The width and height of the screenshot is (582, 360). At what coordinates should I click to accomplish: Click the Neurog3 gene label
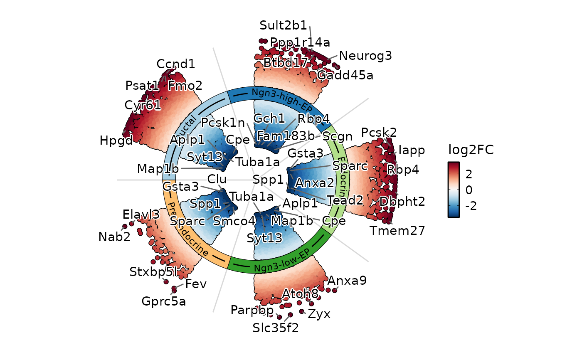click(365, 56)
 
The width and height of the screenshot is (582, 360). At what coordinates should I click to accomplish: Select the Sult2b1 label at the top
click(284, 25)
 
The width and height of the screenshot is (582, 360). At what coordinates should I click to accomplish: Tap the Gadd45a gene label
click(345, 75)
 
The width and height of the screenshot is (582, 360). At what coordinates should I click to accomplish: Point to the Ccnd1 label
click(176, 64)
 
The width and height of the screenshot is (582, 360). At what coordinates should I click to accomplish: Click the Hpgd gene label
click(116, 141)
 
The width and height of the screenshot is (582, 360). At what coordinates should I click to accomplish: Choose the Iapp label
click(412, 150)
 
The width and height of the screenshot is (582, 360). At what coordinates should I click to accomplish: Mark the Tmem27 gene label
click(398, 231)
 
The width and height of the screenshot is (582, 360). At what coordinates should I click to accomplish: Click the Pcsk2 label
click(379, 133)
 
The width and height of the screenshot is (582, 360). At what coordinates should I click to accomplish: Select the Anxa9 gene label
click(347, 281)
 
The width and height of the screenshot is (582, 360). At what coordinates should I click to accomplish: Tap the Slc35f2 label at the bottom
click(276, 328)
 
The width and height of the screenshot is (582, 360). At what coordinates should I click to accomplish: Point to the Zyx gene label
click(319, 314)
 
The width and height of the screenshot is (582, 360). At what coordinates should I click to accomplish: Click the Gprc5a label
click(164, 301)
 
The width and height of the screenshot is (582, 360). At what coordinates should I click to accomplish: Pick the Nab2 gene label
click(114, 237)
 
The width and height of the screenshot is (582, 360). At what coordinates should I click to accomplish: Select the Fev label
click(196, 284)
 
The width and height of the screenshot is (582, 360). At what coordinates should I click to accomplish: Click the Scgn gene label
click(338, 136)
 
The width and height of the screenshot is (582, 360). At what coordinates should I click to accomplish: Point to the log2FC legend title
click(471, 150)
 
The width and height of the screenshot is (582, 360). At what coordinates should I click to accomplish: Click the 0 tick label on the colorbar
click(469, 190)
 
